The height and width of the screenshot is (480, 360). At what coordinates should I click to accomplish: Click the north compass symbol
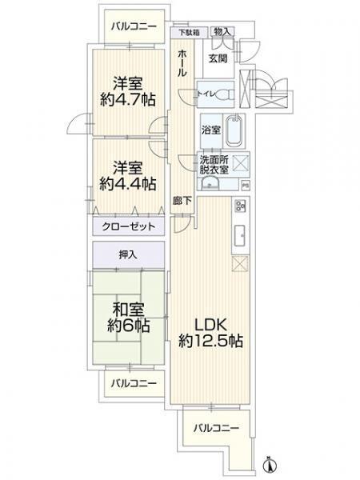point(270,463)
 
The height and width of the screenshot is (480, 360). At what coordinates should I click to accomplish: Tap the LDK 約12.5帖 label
point(210,333)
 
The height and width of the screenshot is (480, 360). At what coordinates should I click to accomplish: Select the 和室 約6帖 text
point(128,318)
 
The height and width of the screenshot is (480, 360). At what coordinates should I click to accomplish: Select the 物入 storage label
point(224,32)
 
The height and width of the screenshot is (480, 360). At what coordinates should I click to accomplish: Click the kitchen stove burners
point(239,210)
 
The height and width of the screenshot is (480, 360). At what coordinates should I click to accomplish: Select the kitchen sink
point(239,235)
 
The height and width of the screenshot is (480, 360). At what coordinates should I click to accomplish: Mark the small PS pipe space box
point(245,186)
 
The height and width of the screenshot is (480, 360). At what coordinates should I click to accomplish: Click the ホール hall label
point(183,62)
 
